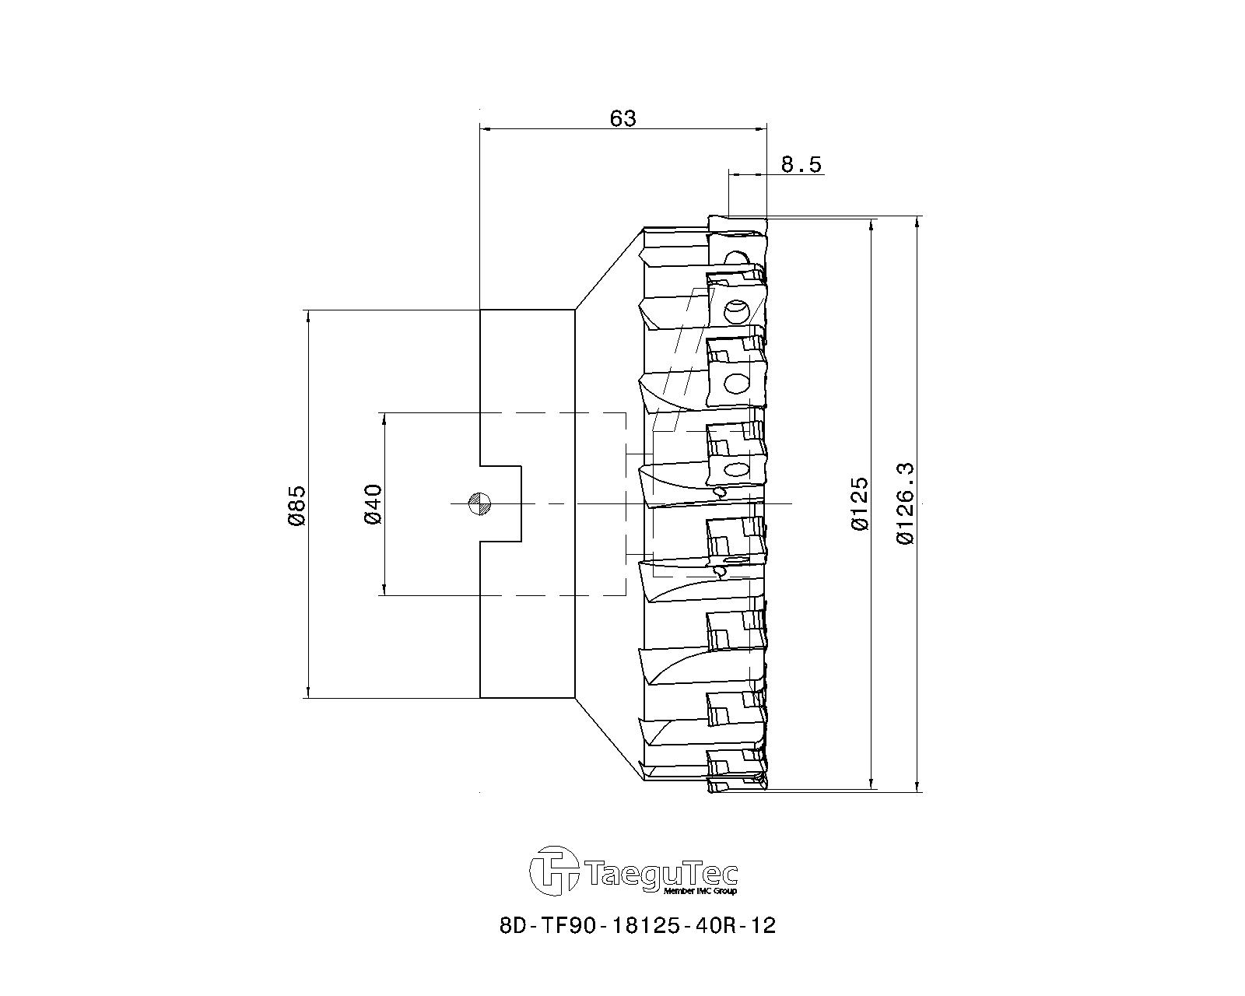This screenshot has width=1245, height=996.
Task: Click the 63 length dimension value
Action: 622,118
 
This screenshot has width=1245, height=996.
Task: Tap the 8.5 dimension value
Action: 801,165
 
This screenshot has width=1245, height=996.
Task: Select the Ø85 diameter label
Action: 296,505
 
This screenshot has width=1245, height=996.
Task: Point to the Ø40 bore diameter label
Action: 373,504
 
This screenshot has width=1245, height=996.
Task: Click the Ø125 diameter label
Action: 860,503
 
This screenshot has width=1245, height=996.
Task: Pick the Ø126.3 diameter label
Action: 906,503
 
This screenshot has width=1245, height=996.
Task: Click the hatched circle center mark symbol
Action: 479,503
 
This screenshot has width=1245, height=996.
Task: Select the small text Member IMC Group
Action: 700,891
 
